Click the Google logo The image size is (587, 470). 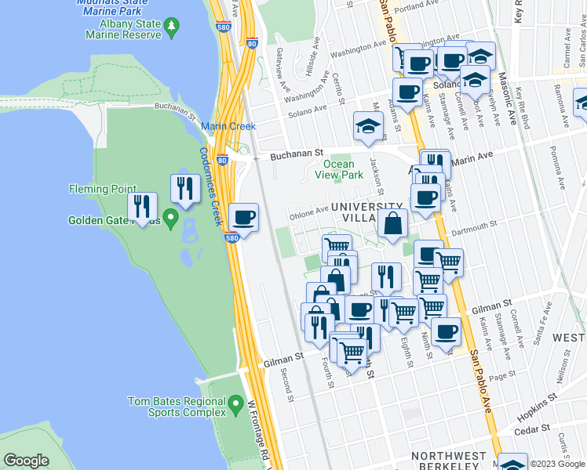click(27, 461)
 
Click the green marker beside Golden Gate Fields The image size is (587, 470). click(170, 215)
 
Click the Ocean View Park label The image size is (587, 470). click(339, 170)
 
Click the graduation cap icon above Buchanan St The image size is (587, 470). click(367, 126)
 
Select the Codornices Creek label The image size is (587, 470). click(208, 187)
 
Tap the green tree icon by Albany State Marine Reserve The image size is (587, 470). click(172, 28)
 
